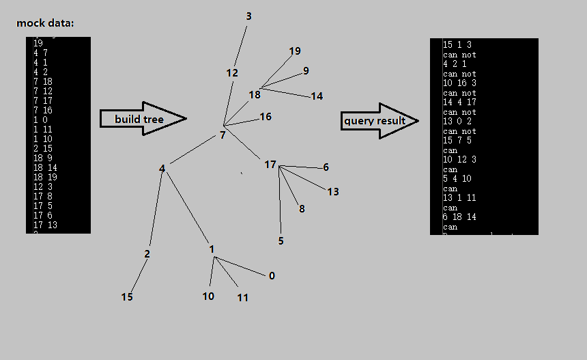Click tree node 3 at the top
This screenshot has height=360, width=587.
tap(248, 16)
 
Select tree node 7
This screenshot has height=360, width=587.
tap(223, 135)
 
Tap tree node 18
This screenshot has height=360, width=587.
tap(255, 95)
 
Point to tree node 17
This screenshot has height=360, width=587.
tap(270, 165)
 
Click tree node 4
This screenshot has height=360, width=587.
tap(162, 168)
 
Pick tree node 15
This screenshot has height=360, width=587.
tap(127, 296)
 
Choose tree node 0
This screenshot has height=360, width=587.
tap(272, 276)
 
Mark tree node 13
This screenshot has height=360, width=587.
tap(333, 192)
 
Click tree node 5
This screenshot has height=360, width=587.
tap(281, 240)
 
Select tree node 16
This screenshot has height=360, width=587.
tap(266, 117)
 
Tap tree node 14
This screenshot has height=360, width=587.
tap(317, 96)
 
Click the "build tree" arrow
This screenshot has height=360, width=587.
tap(143, 119)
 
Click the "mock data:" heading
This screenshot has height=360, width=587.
tap(45, 23)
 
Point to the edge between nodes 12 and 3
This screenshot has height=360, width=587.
tap(240, 46)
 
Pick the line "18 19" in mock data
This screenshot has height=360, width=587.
tap(42, 177)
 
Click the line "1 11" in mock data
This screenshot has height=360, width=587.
tap(40, 128)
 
